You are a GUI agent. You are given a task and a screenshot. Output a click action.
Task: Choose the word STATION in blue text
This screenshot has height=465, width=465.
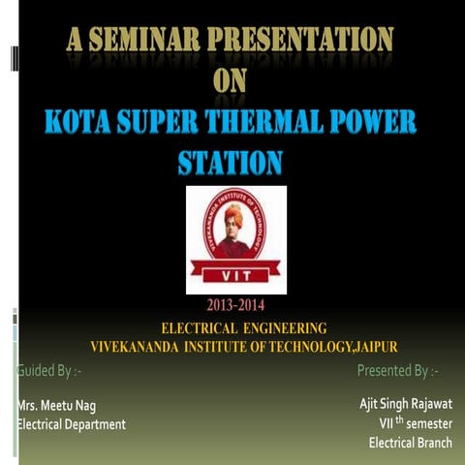tap(232, 161)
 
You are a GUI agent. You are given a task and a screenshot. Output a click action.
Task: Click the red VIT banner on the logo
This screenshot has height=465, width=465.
tap(236, 273)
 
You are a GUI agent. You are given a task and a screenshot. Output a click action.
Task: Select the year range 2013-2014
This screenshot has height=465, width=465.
tap(235, 310)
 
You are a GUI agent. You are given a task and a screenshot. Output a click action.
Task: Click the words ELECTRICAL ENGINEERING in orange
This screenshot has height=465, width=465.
tap(243, 328)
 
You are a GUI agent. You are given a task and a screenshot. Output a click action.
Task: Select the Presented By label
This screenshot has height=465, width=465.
tap(397, 370)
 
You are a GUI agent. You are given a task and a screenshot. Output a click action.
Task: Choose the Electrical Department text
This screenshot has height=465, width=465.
tap(73, 424)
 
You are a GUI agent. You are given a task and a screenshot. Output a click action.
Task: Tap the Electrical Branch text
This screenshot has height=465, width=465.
tap(411, 444)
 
